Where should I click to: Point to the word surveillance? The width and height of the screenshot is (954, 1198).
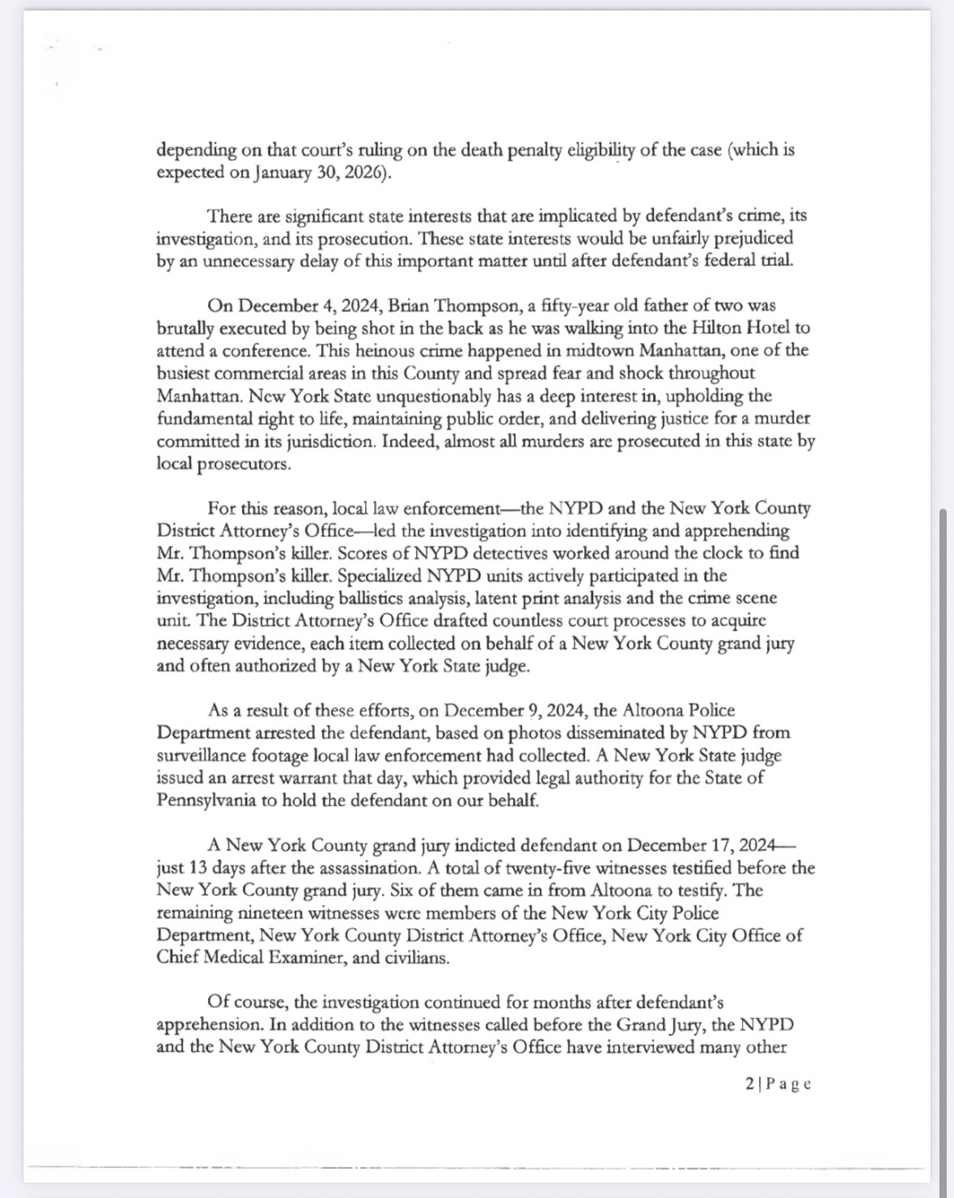[205, 756]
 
